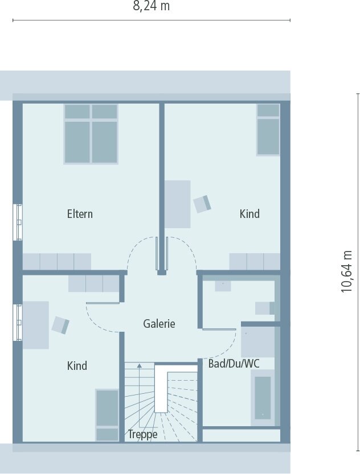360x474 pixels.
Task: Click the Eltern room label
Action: (80, 214)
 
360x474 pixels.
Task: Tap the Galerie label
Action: (159, 323)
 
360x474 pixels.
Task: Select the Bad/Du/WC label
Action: (234, 363)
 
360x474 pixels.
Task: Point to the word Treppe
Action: (142, 434)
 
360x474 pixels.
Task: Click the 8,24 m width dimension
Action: (151, 6)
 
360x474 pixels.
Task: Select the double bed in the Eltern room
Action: (91, 134)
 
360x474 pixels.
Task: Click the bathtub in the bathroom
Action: (263, 397)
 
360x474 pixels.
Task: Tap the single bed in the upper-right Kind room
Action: (268, 129)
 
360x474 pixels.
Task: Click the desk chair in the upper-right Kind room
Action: (202, 203)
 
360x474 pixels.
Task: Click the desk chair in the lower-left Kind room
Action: (60, 325)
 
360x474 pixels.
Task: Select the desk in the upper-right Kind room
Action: (178, 204)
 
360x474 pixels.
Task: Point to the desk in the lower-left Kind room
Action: (35, 324)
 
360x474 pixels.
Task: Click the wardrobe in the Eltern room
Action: (57, 261)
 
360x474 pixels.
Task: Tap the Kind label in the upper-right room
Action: (249, 214)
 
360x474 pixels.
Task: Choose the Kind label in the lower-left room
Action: (77, 365)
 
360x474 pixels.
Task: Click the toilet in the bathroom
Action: (265, 308)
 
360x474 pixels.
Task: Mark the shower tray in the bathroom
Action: (258, 341)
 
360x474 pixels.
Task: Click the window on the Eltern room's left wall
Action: (19, 222)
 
